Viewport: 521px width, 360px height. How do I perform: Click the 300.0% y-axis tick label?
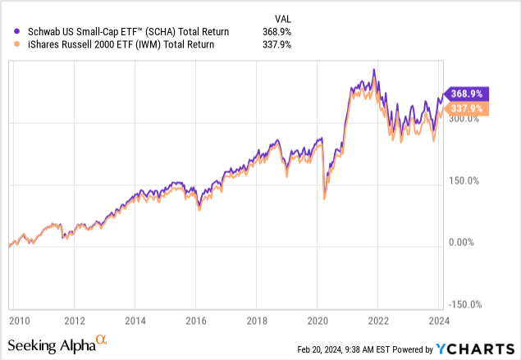pyautogui.click(x=464, y=119)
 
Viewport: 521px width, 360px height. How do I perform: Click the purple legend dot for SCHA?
pyautogui.click(x=9, y=31)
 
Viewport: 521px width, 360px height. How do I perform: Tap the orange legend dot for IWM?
pyautogui.click(x=9, y=45)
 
